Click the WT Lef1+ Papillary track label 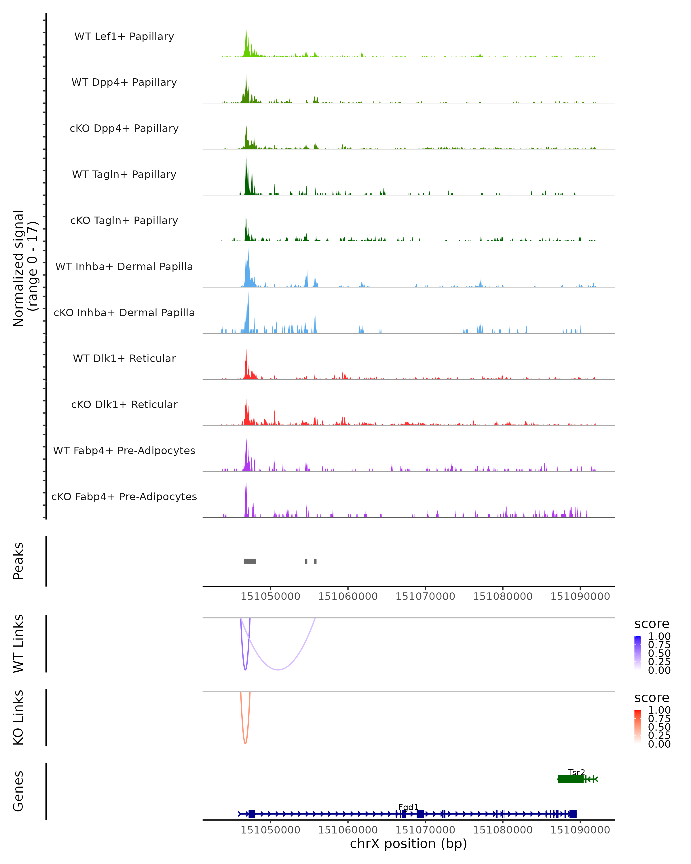(x=124, y=37)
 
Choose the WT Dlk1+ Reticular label (x=124, y=358)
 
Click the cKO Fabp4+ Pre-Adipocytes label (x=124, y=497)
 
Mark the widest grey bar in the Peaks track (x=250, y=561)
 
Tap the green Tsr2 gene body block (x=570, y=779)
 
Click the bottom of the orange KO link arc (x=245, y=743)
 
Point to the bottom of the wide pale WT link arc (x=278, y=669)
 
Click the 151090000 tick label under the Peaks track (x=580, y=596)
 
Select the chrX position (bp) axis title (x=408, y=844)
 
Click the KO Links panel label (x=18, y=717)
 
